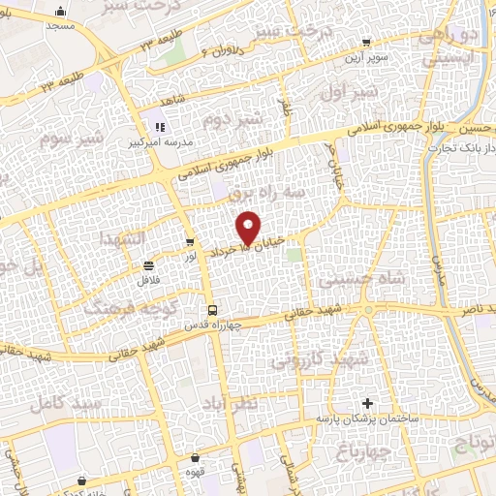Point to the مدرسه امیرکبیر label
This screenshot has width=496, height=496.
pos(160,142)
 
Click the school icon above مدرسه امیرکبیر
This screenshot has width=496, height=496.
pos(160,126)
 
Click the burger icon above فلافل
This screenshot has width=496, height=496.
pos(148,264)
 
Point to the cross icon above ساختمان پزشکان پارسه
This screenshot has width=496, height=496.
pos(366,402)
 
